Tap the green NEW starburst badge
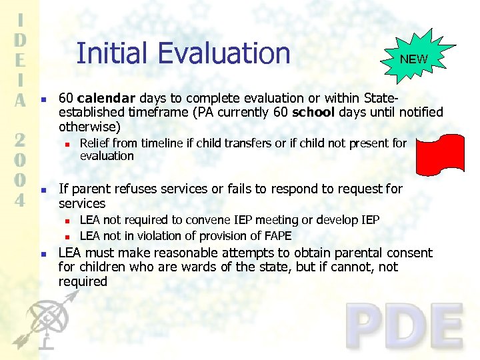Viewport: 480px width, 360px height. (413, 59)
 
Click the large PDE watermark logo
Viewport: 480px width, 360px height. (405, 327)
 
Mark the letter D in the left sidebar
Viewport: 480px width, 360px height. (21, 39)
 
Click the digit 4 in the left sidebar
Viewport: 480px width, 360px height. (21, 199)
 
